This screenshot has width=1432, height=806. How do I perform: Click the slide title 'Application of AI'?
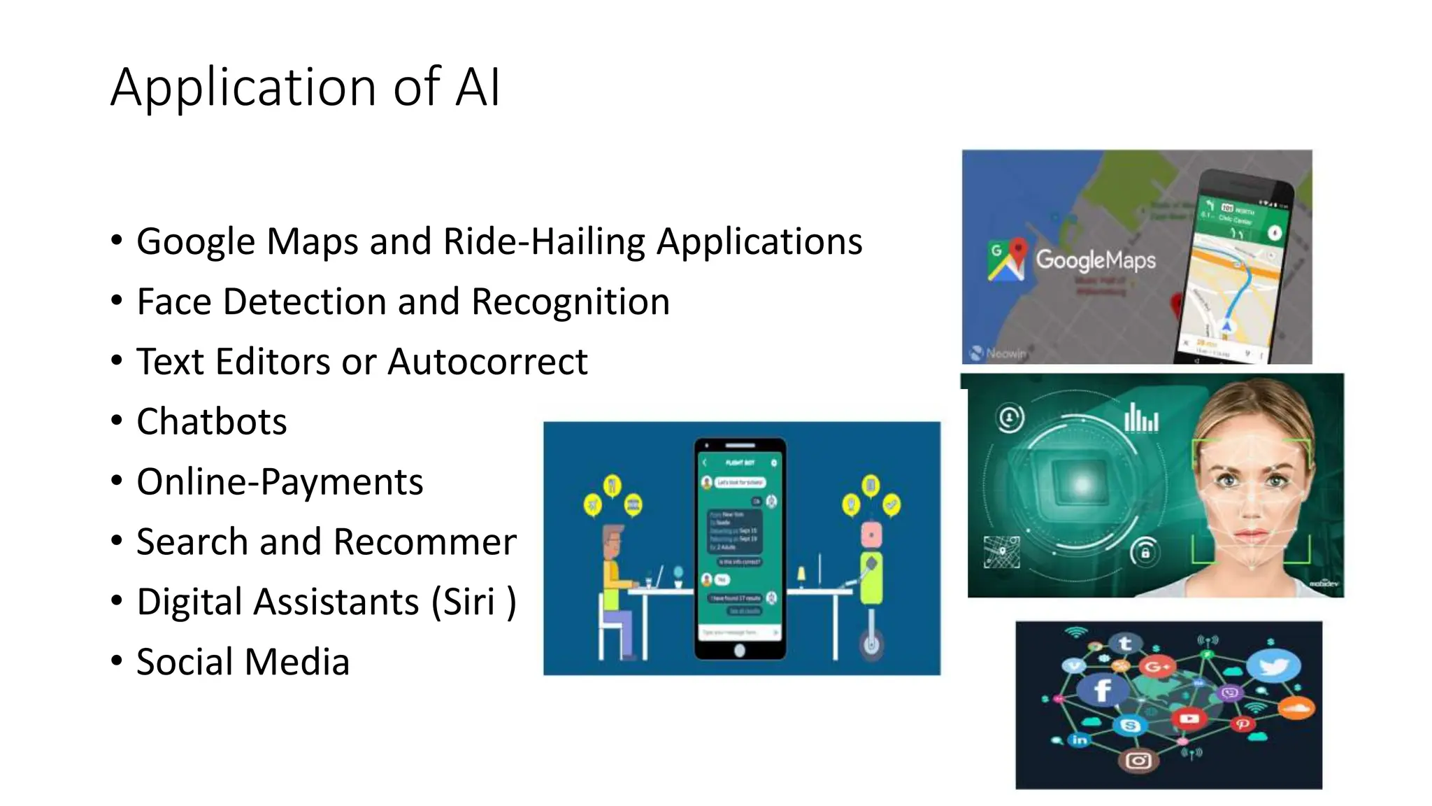305,87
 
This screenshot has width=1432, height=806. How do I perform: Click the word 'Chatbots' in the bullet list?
211,422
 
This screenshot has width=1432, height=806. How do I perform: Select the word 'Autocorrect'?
487,362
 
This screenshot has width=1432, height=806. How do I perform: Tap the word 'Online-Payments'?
280,482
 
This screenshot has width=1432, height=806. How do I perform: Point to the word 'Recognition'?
571,302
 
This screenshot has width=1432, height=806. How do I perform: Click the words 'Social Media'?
243,662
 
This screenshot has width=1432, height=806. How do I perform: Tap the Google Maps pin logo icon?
1006,260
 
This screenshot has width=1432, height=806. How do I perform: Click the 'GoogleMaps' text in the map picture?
1095,260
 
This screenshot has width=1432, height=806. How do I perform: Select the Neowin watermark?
998,353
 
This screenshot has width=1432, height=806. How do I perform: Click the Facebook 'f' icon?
1102,690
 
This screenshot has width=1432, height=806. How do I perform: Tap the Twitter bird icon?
1274,665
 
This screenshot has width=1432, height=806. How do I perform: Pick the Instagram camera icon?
1138,760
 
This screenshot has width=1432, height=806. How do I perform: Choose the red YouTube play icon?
1189,719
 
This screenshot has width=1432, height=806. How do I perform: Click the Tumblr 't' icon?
1125,643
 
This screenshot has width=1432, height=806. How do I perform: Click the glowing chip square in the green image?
1082,483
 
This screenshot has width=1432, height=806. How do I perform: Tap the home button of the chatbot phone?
740,651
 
